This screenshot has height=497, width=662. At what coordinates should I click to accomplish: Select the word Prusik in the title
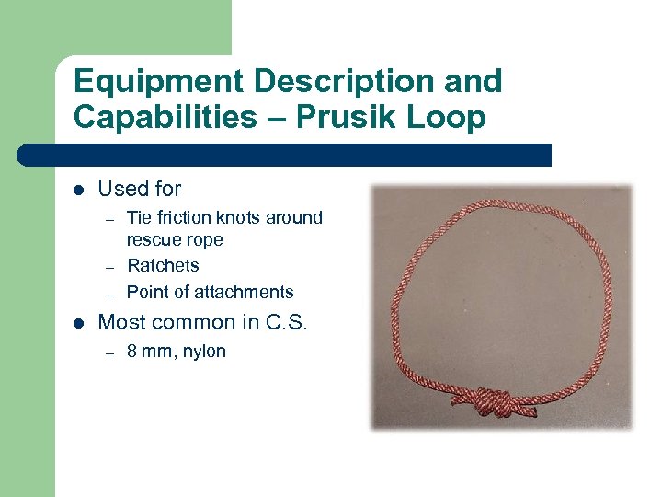[351, 118]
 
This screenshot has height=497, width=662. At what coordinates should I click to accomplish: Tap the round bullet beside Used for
[79, 190]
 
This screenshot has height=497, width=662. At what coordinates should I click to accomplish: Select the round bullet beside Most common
[79, 323]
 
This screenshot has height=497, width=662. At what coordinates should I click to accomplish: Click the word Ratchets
[163, 265]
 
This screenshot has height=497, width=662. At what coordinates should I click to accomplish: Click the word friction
[188, 217]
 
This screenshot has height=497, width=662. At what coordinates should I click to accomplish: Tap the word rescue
[151, 240]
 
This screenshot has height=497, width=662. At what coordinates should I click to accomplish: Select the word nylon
[204, 352]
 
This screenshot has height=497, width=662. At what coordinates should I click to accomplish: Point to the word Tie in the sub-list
[138, 217]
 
